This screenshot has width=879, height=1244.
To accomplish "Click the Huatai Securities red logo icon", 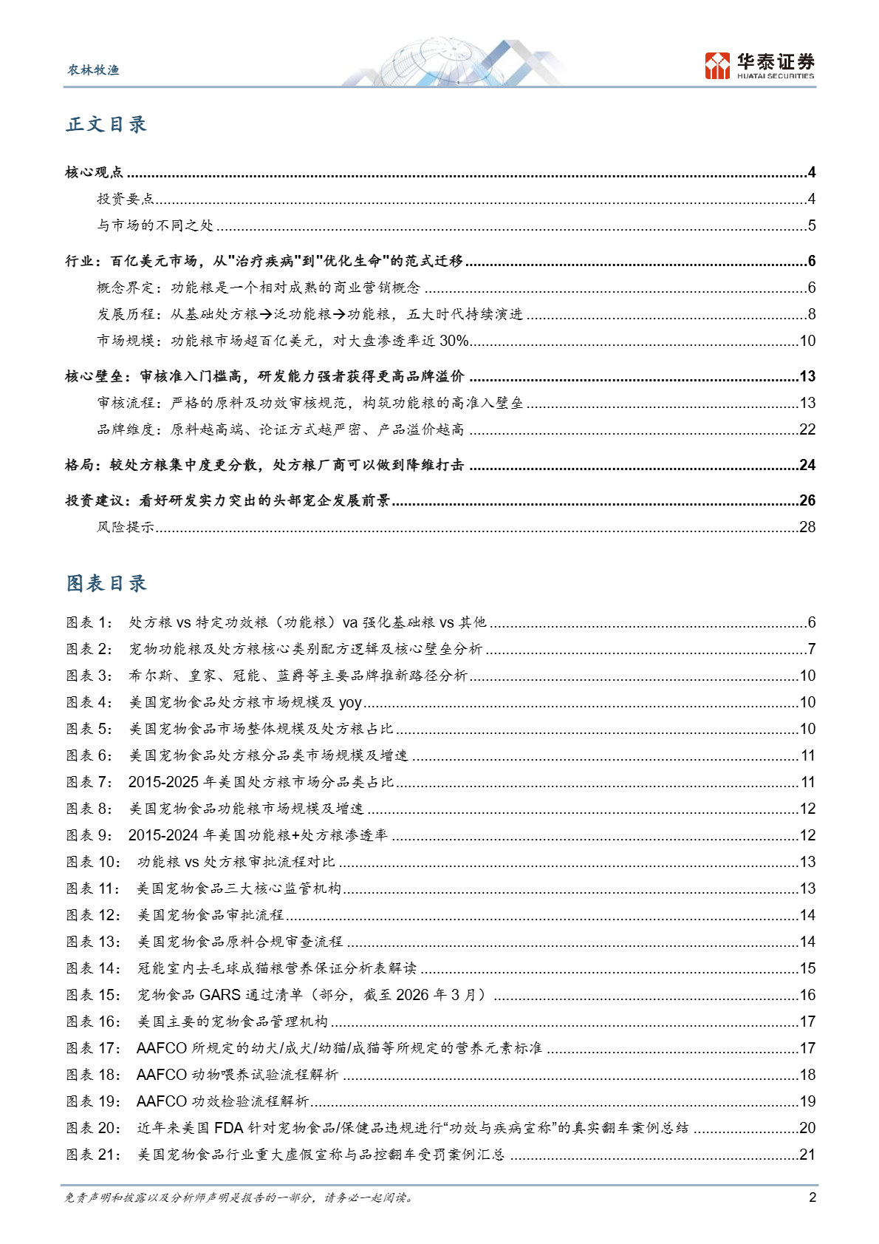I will tap(716, 66).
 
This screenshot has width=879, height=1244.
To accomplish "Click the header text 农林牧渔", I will tap(93, 70).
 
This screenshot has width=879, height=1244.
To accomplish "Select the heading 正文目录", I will tap(106, 124).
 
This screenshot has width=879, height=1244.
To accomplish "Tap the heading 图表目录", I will tap(106, 583).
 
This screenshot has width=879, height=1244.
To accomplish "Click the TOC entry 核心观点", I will tap(94, 172).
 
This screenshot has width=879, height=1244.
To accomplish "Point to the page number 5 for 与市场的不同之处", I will tap(811, 225).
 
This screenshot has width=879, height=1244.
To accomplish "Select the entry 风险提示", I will tap(126, 527).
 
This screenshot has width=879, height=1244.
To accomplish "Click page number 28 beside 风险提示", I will tap(807, 527).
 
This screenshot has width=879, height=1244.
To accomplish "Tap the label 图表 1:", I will tap(89, 622).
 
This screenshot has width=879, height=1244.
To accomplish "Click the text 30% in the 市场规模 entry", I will tap(454, 341).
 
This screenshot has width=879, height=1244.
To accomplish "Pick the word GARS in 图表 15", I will tap(219, 995).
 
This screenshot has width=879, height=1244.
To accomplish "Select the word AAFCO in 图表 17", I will tap(161, 1048).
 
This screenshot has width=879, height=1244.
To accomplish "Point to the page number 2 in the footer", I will tap(813, 1197).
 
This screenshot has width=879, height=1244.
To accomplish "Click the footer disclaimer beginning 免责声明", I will tap(239, 1197).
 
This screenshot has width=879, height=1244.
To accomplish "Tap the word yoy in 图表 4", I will tap(350, 702).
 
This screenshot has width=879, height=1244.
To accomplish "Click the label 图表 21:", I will tap(93, 1155).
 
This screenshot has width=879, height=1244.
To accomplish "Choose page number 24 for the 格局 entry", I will tap(807, 465).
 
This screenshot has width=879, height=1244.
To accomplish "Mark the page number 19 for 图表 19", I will tap(807, 1101).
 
